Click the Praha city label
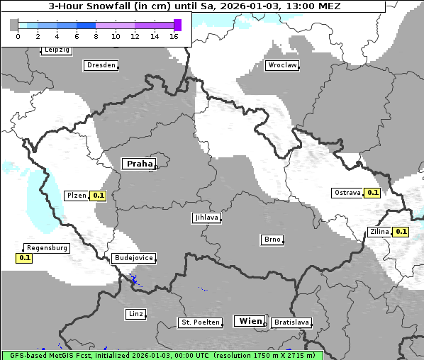tap(139, 164)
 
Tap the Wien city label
tap(250, 321)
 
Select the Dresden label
tap(101, 65)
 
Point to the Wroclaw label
tap(281, 65)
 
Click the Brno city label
tap(272, 240)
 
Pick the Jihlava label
tap(206, 218)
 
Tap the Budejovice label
tap(133, 258)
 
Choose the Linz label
tap(135, 313)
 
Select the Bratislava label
tap(291, 322)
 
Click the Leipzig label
tap(57, 50)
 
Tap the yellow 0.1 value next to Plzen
tap(99, 196)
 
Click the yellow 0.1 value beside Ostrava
tap(372, 193)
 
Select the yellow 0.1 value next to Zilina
tap(401, 232)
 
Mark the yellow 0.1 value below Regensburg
tap(25, 258)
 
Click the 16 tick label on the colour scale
tap(173, 36)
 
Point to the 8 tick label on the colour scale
tap(96, 36)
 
